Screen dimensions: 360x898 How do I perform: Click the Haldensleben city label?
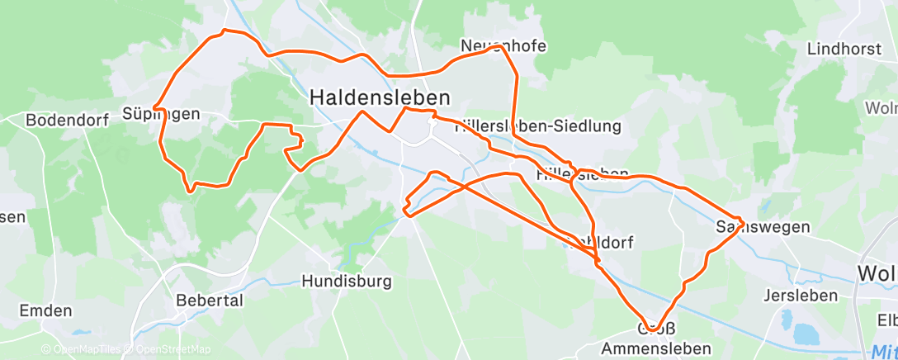[x=380, y=97]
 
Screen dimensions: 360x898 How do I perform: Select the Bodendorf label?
[x=68, y=120]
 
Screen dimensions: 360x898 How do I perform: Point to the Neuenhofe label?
[x=503, y=46]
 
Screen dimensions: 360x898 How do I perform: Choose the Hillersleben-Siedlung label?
[x=537, y=126]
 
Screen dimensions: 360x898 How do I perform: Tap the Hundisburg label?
[x=346, y=281]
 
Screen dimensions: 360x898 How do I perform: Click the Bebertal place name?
[x=210, y=300]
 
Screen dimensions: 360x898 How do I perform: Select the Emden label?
[x=45, y=311]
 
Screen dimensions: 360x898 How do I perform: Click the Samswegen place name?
[x=751, y=226]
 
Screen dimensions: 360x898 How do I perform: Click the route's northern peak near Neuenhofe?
[x=499, y=47]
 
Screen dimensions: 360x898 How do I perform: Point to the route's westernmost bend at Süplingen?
[x=154, y=109]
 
